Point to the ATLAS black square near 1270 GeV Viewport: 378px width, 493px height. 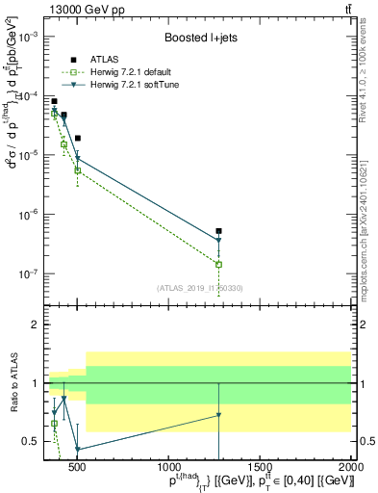coord(219,231)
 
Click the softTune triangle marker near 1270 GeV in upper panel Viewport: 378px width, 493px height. coord(219,241)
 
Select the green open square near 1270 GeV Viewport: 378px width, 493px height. coord(219,264)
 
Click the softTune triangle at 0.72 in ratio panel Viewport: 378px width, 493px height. coord(219,415)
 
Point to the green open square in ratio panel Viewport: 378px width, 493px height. coord(55,423)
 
